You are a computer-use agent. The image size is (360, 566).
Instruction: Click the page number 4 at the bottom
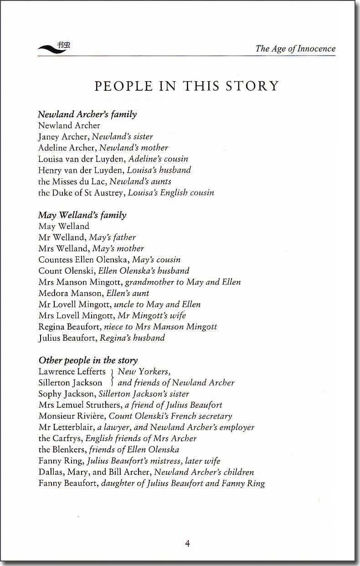187,543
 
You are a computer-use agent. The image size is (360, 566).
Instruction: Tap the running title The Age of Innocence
295,49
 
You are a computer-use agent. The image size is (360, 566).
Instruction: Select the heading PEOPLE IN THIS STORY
186,86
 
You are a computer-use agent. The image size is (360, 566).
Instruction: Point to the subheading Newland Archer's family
87,114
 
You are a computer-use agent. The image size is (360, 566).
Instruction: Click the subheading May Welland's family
82,215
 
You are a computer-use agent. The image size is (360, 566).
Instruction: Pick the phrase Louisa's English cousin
171,192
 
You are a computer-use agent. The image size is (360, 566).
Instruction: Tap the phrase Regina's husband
134,338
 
